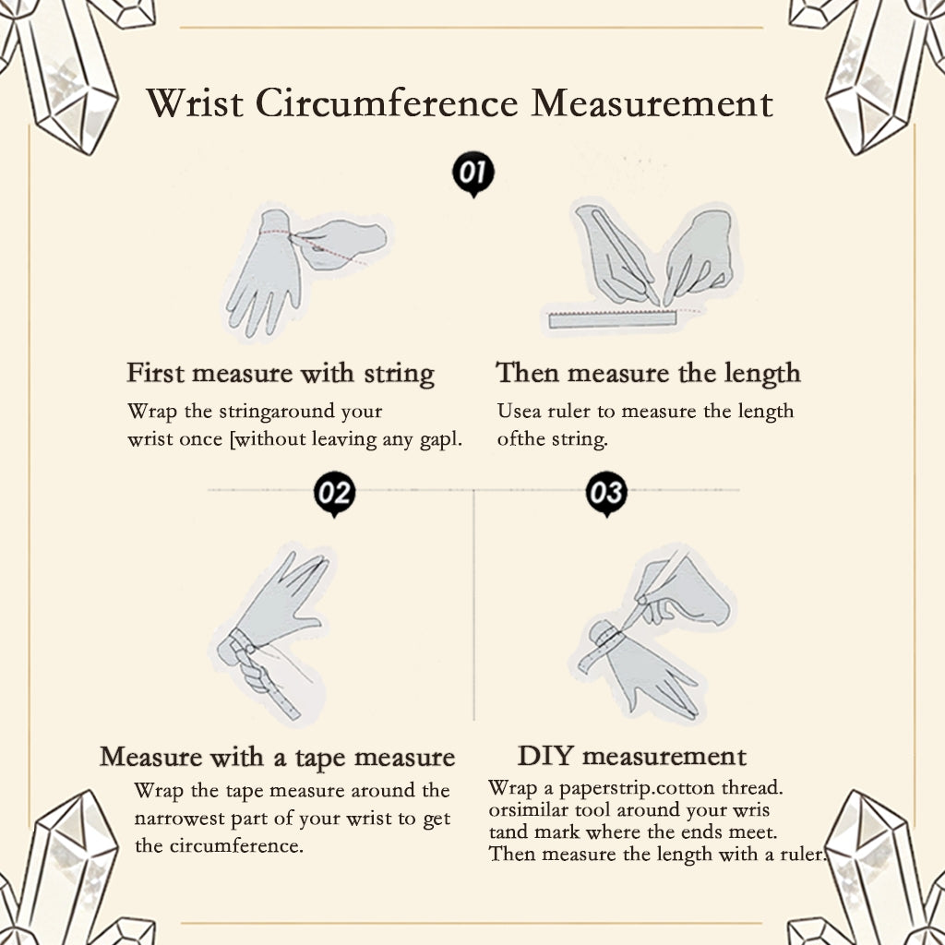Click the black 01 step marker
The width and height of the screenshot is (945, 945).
473,173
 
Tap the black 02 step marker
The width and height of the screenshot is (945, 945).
334,494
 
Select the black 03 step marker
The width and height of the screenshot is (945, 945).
606,494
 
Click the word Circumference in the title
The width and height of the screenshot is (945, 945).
387,103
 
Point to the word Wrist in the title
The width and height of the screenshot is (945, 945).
195,103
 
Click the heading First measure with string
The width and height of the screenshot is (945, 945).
281,374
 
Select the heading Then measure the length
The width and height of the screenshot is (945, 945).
648,373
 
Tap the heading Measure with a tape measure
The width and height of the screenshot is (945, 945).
277,758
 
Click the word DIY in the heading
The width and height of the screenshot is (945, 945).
544,756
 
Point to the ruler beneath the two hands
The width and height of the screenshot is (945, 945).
613,319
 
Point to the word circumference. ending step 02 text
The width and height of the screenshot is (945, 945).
236,845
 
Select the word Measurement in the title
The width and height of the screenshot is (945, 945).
652,103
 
